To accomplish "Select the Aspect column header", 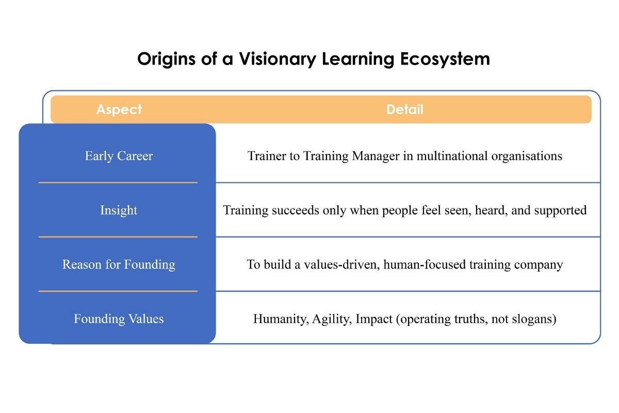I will point(119,109).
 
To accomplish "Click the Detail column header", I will point(404,109).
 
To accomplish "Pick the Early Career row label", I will point(119,156).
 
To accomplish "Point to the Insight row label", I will point(119,210).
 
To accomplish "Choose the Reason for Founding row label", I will point(119,265).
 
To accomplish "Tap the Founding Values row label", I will point(119,319).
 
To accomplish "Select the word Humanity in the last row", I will point(282,319).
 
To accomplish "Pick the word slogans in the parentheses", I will point(537,319).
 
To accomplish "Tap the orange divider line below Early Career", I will point(118,182).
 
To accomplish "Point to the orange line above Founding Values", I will point(118,291).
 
